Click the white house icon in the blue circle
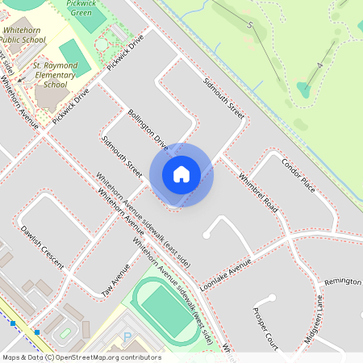pyautogui.click(x=181, y=174)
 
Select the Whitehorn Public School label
pyautogui.click(x=22, y=33)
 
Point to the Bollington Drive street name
pyautogui.click(x=146, y=130)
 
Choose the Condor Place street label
pyautogui.click(x=298, y=173)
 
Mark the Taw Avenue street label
pyautogui.click(x=115, y=279)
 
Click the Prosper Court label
pyautogui.click(x=265, y=327)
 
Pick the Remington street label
pyautogui.click(x=342, y=282)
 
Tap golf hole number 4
pyautogui.click(x=320, y=65)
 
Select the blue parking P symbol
pyautogui.click(x=126, y=336)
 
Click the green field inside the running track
pyautogui.click(x=168, y=310)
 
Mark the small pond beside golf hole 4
pyautogui.click(x=304, y=88)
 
